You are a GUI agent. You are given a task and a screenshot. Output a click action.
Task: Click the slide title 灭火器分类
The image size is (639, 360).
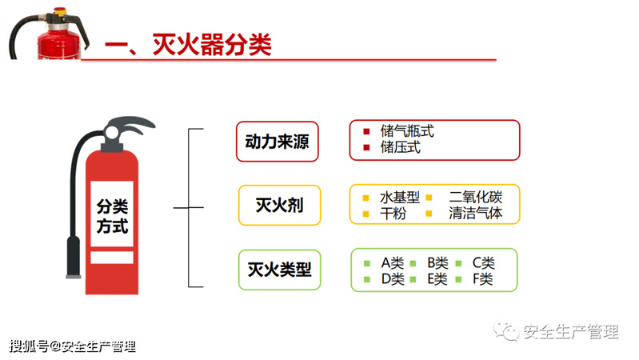[x=212, y=44]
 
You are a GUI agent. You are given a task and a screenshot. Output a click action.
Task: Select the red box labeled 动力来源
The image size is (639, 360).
[x=278, y=142]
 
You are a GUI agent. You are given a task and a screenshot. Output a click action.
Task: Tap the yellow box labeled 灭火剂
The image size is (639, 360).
[x=280, y=205]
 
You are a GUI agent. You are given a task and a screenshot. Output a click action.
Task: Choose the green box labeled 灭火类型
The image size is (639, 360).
[x=280, y=270]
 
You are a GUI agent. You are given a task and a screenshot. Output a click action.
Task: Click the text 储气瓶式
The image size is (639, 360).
[x=407, y=131]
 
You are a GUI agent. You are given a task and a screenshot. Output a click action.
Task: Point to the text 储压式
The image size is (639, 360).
[x=400, y=147]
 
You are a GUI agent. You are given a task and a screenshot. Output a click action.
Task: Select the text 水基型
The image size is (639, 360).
[x=400, y=198]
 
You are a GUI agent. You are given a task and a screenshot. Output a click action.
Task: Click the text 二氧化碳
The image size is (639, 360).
[x=476, y=198]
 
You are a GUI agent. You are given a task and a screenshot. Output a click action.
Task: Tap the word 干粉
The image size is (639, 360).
[x=393, y=214]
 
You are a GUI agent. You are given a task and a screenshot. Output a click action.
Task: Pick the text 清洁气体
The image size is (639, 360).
[x=476, y=213]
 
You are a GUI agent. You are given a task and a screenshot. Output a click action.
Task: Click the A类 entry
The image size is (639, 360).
[x=393, y=263]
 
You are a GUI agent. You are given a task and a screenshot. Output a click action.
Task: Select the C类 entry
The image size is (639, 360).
[x=484, y=263]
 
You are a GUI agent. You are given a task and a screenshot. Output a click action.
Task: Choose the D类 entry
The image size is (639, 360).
[x=393, y=279]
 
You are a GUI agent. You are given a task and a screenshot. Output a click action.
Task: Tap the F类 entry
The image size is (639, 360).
[x=483, y=279]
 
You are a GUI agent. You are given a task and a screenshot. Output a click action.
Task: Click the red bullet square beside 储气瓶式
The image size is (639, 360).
[x=366, y=131]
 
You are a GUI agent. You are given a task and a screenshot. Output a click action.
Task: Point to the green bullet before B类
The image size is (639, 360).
[x=413, y=263]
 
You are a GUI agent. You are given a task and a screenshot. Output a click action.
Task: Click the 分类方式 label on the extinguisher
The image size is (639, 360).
[x=112, y=216]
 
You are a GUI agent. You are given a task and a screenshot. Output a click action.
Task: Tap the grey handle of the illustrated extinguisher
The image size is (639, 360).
[x=130, y=124]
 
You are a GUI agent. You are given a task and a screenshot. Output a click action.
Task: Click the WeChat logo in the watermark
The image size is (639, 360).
[x=505, y=330]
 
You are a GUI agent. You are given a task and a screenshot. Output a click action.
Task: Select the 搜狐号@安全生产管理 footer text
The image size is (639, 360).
[x=73, y=346]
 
